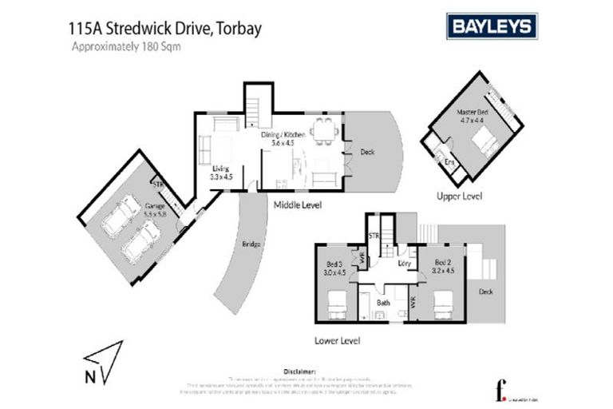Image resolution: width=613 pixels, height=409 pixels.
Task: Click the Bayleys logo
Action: tap(490, 26)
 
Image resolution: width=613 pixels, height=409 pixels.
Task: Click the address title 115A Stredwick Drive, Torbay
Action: tap(167, 29)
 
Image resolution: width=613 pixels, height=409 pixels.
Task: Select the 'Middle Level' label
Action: tap(297, 205)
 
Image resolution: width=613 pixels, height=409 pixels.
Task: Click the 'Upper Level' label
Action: tap(460, 196)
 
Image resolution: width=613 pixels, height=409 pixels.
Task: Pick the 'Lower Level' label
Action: tap(338, 340)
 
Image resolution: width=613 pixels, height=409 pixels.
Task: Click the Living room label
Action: tap(221, 172)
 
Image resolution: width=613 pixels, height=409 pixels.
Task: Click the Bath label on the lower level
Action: tap(383, 303)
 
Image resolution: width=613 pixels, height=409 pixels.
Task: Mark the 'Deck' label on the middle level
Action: tap(367, 152)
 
